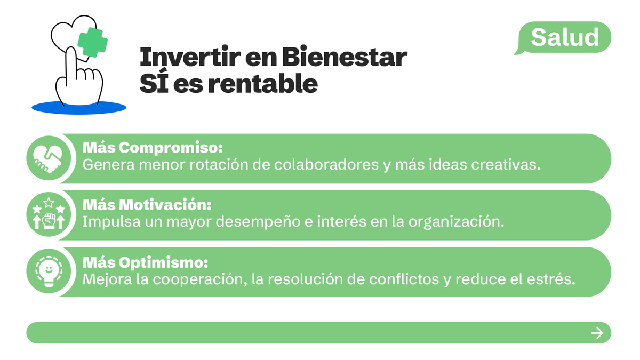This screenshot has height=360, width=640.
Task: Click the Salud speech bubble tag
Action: (565, 37)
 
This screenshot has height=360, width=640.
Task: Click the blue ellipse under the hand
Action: (79, 108)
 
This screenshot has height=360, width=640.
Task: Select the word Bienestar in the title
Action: (344, 58)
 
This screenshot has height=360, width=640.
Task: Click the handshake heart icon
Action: (48, 158)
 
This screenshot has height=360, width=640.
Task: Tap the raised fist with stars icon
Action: (48, 215)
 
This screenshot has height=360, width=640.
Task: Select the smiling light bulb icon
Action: (48, 271)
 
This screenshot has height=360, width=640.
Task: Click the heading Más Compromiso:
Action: (152, 147)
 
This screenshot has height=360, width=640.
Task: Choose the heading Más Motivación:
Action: (147, 204)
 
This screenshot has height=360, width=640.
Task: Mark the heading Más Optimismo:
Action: (145, 262)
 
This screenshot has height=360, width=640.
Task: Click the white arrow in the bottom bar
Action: (597, 333)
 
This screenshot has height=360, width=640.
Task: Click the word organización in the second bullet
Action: (456, 222)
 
